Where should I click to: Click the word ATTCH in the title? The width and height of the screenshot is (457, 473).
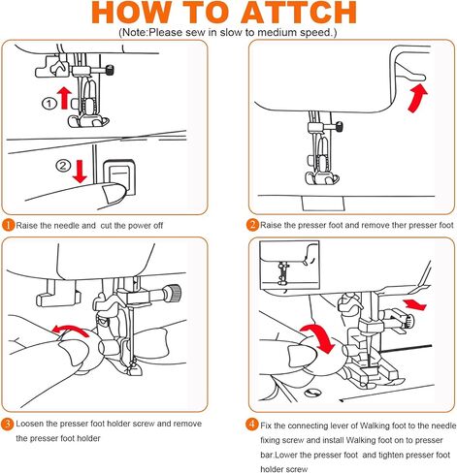coord(298,13)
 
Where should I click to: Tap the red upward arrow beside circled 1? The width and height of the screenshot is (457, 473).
coord(64,98)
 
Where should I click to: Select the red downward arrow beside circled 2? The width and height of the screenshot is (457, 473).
coord(80,172)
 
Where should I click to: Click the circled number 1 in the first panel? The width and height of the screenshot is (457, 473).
coord(49,104)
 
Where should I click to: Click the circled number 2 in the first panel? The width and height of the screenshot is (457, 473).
coord(63,166)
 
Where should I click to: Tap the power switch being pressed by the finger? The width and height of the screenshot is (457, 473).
coord(118,177)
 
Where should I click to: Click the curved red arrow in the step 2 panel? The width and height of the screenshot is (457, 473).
coord(417,98)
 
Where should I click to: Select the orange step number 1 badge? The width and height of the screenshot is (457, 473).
coord(8,225)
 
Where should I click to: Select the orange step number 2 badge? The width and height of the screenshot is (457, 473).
coord(252,225)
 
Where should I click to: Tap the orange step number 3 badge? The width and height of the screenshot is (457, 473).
coord(8,424)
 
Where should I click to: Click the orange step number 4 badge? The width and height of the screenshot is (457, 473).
coord(252,425)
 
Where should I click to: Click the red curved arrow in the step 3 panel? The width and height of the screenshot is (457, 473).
coord(70,329)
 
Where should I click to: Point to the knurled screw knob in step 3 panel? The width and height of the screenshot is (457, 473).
coord(174,293)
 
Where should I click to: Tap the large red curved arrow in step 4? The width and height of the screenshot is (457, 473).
coord(320,336)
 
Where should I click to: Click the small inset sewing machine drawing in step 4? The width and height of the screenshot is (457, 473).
coord(289,265)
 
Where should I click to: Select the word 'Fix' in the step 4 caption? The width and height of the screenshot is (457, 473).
coord(266,426)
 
